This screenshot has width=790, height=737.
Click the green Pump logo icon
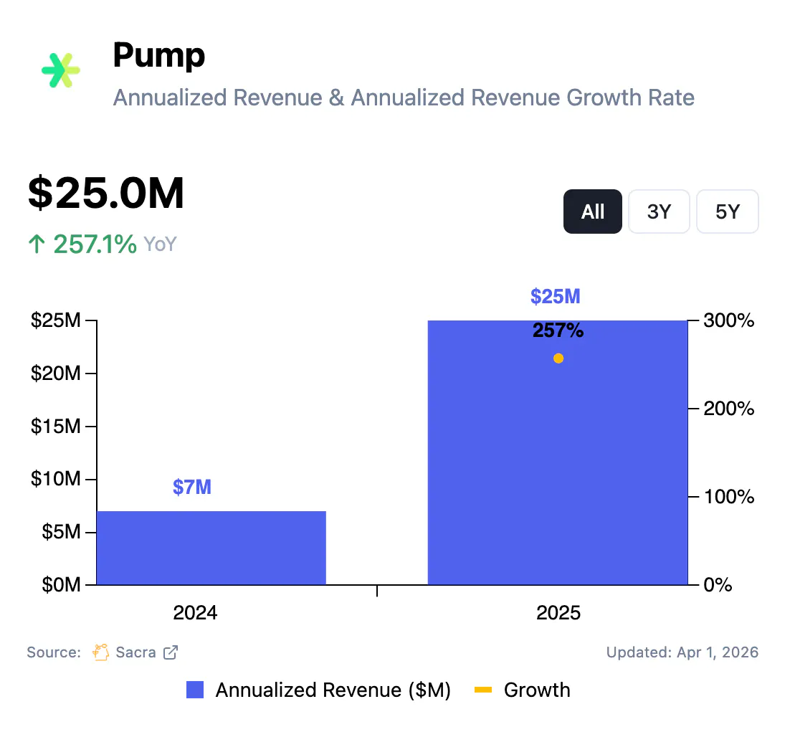(x=61, y=70)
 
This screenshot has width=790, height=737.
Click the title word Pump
(x=159, y=56)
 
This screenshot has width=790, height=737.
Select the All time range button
(x=593, y=211)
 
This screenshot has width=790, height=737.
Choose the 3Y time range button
(x=659, y=211)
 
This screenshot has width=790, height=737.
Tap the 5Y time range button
(x=727, y=211)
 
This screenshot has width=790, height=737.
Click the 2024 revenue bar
(x=211, y=548)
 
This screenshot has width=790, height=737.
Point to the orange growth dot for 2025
(x=558, y=358)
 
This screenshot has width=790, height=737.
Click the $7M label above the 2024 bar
(x=192, y=488)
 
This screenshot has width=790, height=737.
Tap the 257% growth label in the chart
(x=558, y=331)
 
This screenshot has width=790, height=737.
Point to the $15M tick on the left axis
(x=56, y=427)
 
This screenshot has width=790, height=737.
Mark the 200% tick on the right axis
(x=727, y=409)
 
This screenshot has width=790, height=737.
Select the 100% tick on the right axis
(x=727, y=497)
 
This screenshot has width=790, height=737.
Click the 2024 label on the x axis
(x=195, y=614)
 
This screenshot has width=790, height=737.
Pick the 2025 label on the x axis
(x=558, y=614)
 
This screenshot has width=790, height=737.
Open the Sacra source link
(x=136, y=652)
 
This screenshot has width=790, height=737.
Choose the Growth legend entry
(x=536, y=690)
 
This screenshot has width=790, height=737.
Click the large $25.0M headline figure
(x=106, y=194)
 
